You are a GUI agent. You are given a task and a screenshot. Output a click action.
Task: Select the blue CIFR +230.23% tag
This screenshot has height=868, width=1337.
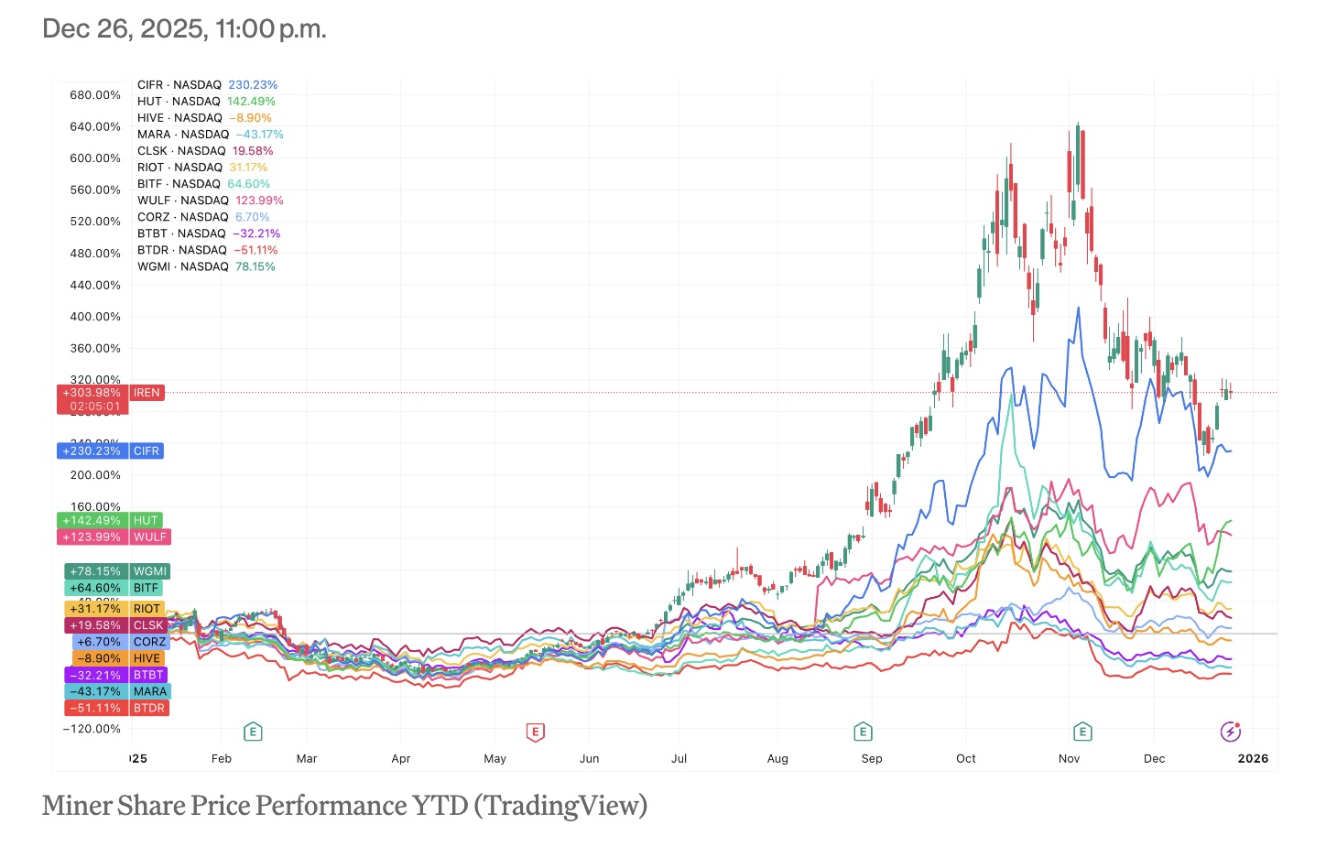110,451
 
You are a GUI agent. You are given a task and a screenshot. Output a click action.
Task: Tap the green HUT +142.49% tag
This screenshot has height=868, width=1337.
110,520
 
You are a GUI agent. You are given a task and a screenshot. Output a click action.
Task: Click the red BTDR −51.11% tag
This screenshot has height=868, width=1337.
116,709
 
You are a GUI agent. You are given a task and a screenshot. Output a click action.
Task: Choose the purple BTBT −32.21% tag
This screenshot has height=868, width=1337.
116,675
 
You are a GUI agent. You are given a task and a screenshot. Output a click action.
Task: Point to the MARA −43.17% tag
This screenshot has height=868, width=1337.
116,692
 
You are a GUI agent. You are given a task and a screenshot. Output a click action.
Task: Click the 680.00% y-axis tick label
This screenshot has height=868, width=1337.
95,95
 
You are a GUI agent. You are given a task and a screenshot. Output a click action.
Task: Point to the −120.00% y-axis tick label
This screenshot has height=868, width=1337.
92,729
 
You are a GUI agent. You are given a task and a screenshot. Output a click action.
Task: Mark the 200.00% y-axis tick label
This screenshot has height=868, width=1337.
95,475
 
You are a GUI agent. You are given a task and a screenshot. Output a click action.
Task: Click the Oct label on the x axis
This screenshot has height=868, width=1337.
966,759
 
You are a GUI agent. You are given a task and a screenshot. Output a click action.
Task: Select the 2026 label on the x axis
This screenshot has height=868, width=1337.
1253,759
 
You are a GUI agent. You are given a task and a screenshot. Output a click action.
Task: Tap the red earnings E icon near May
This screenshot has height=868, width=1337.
536,732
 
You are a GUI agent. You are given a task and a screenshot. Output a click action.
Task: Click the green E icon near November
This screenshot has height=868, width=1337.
1082,732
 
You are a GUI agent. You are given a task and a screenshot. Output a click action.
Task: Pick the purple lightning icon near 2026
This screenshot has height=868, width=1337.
1231,732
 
